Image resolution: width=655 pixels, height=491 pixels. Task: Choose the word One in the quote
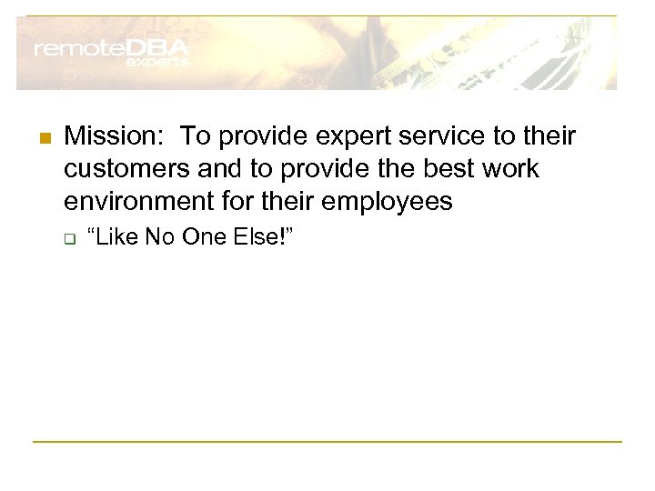click(x=201, y=237)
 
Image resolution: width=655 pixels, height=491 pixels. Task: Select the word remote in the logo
click(x=76, y=50)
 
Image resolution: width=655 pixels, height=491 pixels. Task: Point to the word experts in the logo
click(x=156, y=64)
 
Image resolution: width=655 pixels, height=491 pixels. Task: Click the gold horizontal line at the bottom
click(x=327, y=442)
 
